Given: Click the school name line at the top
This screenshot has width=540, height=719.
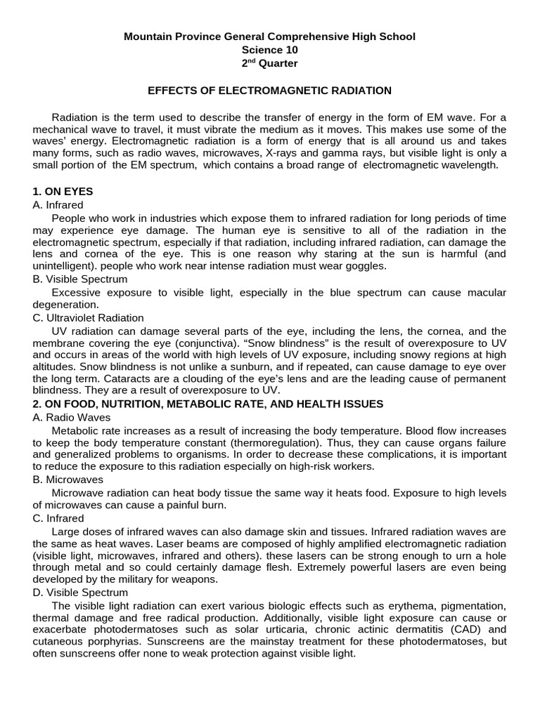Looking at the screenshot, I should (270, 36).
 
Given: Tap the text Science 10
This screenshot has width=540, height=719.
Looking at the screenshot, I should (270, 50).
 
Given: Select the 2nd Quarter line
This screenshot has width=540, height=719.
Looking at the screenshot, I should (270, 64).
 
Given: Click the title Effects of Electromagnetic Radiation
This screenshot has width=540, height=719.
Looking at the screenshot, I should (269, 91).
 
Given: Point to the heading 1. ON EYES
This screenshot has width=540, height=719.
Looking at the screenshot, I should (63, 191).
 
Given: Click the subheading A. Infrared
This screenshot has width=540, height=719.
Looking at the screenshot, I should (58, 205).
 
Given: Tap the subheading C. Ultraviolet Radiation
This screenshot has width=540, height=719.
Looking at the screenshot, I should (88, 318).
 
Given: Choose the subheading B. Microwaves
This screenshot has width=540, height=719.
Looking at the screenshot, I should (67, 480).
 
